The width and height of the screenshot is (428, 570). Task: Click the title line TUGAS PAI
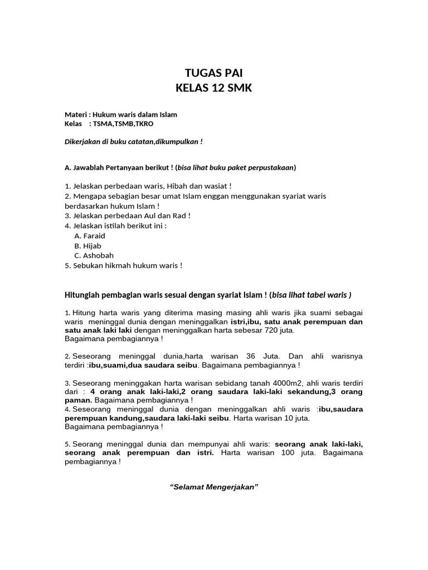point(213,73)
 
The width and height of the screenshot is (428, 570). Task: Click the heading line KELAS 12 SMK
point(213,88)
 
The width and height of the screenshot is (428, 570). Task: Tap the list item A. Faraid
point(90,235)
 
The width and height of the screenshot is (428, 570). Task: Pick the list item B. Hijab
point(88,245)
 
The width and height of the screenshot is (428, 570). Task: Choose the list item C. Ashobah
point(94,255)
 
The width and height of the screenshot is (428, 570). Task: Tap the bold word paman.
point(78,400)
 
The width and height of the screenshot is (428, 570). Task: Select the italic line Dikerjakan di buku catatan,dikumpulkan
point(134,141)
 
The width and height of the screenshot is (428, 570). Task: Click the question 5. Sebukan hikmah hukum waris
point(124,266)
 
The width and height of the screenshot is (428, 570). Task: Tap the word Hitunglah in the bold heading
point(84,294)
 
